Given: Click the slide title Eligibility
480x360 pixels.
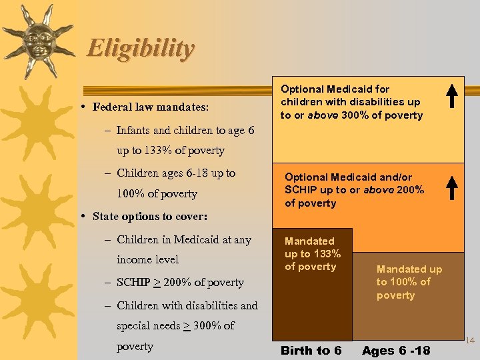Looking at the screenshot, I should [141, 49].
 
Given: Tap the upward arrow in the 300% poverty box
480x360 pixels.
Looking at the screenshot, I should [451, 96].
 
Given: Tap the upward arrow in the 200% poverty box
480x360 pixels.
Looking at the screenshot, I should [451, 187].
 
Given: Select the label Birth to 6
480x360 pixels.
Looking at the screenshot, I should [311, 351].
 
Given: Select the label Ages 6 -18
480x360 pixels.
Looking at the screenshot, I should [396, 351].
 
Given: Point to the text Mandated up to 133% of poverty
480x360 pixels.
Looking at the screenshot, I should [312, 254].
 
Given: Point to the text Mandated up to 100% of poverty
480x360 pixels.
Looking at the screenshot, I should [409, 282].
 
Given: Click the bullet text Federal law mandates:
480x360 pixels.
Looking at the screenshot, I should [151, 107].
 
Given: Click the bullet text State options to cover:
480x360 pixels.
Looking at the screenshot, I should [150, 217].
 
